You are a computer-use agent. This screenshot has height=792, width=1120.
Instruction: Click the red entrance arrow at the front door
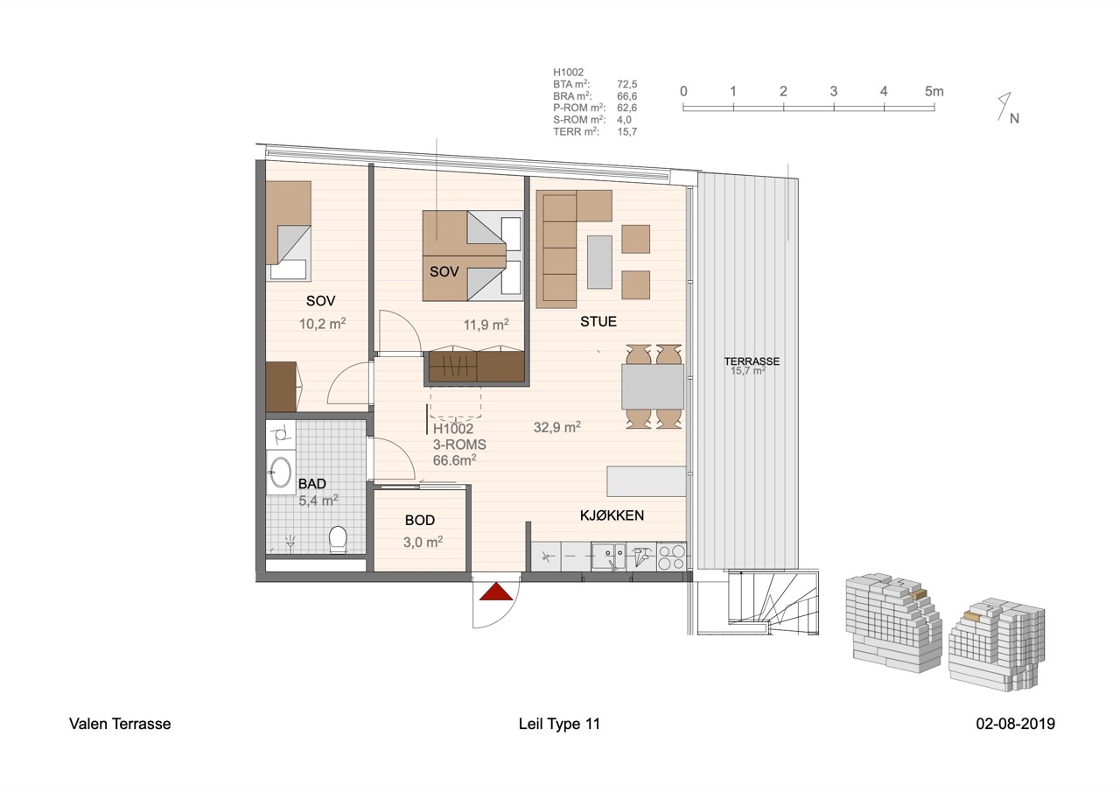click(495, 592)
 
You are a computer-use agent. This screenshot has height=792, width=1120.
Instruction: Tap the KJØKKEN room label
click(612, 515)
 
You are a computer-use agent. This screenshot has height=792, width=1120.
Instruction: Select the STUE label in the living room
click(598, 322)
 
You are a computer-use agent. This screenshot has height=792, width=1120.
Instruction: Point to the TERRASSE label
click(751, 361)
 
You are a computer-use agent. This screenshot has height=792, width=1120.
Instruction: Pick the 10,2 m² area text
click(322, 323)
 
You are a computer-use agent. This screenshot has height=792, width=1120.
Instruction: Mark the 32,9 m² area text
click(557, 428)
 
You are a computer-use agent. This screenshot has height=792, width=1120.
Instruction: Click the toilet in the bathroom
click(337, 540)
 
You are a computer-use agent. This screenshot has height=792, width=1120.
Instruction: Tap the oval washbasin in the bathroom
click(280, 473)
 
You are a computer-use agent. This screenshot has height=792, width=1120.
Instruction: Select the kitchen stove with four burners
click(671, 557)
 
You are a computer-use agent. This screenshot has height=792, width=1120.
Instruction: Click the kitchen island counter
click(646, 481)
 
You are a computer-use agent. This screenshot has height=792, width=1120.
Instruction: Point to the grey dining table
click(653, 387)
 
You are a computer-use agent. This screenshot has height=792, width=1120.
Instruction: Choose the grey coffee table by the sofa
click(599, 262)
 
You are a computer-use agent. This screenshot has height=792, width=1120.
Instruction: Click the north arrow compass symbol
click(1006, 108)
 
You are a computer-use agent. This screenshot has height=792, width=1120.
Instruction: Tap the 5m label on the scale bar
click(934, 91)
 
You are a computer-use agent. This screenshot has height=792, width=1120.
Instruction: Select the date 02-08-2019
click(1015, 724)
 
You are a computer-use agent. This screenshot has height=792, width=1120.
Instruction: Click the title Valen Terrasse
click(120, 724)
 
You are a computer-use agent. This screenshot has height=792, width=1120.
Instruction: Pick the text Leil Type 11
click(559, 724)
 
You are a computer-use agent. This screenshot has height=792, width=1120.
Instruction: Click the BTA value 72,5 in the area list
click(626, 85)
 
